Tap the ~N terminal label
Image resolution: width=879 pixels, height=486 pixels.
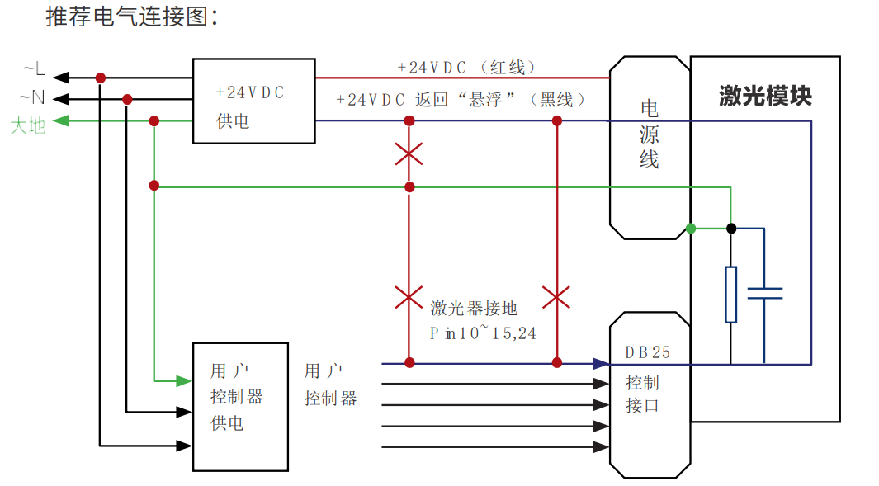(32, 98)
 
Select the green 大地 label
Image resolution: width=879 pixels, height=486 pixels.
(27, 125)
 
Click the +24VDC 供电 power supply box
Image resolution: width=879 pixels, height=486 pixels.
(253, 101)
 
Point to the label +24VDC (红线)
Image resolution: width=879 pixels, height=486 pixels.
(467, 68)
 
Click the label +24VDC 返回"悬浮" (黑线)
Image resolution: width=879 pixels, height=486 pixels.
(463, 99)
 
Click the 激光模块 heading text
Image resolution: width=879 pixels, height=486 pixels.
(765, 96)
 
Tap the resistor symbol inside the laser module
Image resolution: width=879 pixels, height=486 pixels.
(730, 294)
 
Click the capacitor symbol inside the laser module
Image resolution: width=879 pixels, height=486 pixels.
(764, 294)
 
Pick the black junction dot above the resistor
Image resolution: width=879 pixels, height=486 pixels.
(730, 228)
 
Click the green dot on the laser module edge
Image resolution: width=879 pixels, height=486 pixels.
(691, 229)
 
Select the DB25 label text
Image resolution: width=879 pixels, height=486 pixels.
(647, 352)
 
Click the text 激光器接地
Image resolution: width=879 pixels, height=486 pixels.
(474, 309)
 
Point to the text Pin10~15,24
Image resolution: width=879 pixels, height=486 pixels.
(483, 333)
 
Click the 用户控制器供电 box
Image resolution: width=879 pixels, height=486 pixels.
(240, 407)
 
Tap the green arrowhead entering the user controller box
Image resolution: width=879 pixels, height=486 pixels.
(185, 380)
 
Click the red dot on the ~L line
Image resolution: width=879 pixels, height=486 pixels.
(101, 78)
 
